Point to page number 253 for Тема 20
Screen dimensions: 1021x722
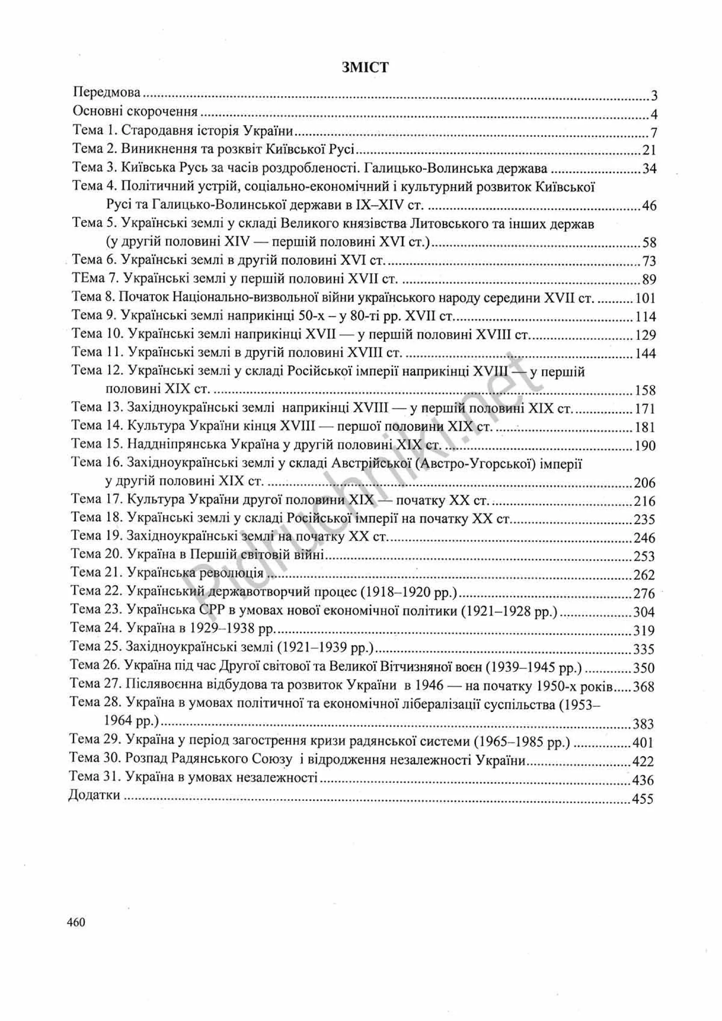(644, 556)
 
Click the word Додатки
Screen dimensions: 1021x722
(94, 794)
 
